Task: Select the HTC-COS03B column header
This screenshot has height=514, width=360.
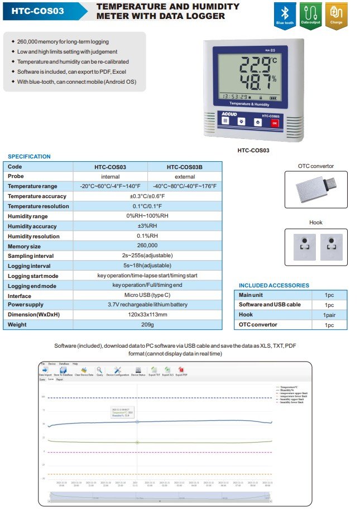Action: pyautogui.click(x=185, y=167)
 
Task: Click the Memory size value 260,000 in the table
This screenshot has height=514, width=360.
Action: pyautogui.click(x=147, y=246)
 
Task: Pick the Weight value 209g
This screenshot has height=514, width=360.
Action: pyautogui.click(x=147, y=324)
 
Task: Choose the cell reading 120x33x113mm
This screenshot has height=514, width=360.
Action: pyautogui.click(x=147, y=314)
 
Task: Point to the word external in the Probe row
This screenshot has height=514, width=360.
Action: pyautogui.click(x=185, y=176)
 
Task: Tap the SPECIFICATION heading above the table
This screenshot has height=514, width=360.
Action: pyautogui.click(x=29, y=157)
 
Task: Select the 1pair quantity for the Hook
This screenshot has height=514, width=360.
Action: pyautogui.click(x=329, y=315)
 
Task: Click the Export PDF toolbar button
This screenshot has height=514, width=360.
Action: pyautogui.click(x=182, y=371)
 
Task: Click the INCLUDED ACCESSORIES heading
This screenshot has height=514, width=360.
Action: pyautogui.click(x=273, y=285)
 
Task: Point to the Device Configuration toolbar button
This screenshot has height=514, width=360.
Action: pyautogui.click(x=118, y=371)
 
